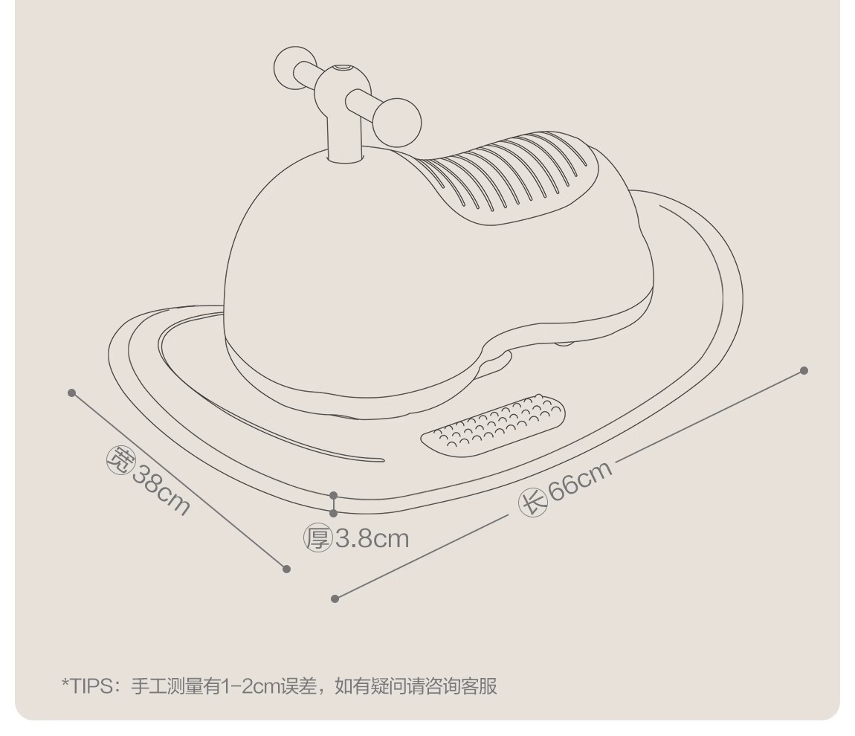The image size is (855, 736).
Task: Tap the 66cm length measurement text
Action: pyautogui.click(x=581, y=482)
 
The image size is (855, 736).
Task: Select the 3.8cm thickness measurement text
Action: pyautogui.click(x=372, y=538)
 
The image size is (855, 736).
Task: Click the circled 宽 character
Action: pyautogui.click(x=119, y=459)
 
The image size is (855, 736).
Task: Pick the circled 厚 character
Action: pyautogui.click(x=317, y=538)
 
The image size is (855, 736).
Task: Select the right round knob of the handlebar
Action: pyautogui.click(x=397, y=121)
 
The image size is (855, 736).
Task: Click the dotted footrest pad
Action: pyautogui.click(x=492, y=425)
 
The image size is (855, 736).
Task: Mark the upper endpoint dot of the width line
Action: pyautogui.click(x=72, y=393)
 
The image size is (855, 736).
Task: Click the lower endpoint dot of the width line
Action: pyautogui.click(x=287, y=569)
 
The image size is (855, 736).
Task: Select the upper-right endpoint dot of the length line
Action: pyautogui.click(x=804, y=370)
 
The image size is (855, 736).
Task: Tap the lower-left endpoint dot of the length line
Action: pyautogui.click(x=335, y=598)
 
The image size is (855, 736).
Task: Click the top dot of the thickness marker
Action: pyautogui.click(x=334, y=495)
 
